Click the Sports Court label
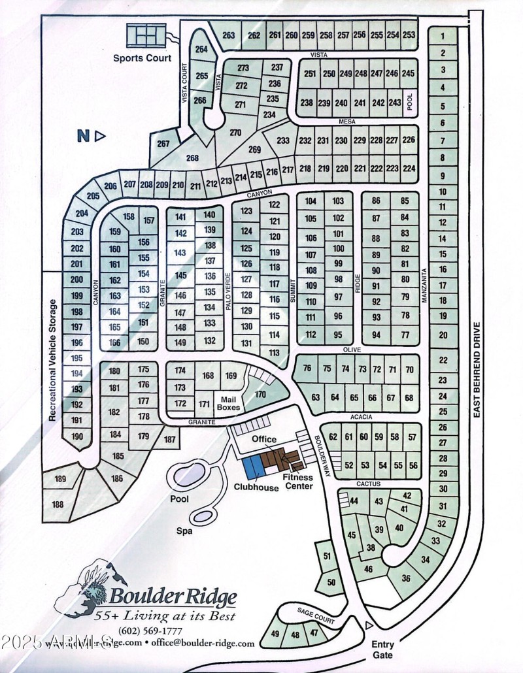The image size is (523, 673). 142,58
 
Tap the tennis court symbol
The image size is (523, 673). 147,33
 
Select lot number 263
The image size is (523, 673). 228,35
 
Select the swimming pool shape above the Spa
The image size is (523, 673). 189,474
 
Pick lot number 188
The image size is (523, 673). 58,504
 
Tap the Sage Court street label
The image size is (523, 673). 316,617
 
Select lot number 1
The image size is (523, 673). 443,37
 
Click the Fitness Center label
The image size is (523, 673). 297,482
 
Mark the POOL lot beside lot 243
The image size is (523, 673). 411,102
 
